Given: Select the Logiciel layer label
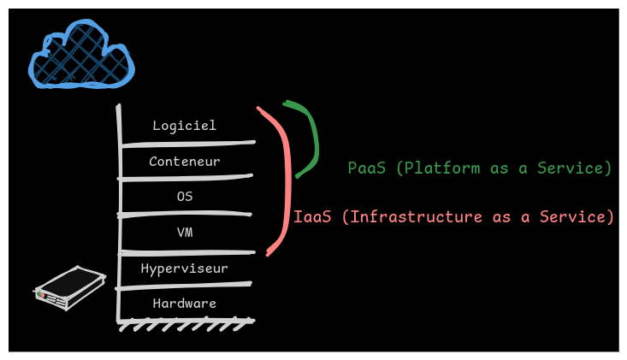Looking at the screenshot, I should click(x=184, y=126).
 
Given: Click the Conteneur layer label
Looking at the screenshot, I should click(x=184, y=161).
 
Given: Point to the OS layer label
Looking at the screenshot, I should click(x=184, y=196).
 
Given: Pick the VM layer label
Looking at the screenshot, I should click(x=184, y=232).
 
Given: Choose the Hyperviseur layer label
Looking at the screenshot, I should click(x=184, y=269).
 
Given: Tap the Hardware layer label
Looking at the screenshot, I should click(x=184, y=304).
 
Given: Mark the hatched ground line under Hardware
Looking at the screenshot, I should click(x=186, y=324).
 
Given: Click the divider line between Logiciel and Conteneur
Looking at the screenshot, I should click(x=188, y=143).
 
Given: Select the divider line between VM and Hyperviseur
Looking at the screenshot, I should click(x=188, y=251).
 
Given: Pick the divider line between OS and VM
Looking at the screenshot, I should click(x=188, y=213).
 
